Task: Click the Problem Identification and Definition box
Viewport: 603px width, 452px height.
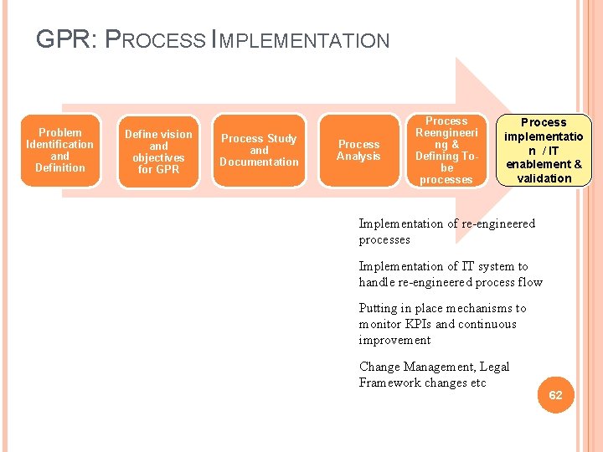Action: click(60, 150)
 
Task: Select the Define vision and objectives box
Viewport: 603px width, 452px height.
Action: click(158, 152)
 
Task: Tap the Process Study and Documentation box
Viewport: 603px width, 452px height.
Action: click(259, 151)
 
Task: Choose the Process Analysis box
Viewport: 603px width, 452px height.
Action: click(358, 151)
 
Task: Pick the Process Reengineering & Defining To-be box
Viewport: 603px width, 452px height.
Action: click(446, 151)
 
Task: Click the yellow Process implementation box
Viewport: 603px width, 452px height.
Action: click(544, 151)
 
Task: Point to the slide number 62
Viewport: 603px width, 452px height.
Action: click(555, 395)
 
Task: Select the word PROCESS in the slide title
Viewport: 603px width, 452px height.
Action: click(159, 40)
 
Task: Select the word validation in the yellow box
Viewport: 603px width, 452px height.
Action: click(544, 178)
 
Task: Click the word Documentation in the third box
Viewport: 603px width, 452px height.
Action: click(259, 162)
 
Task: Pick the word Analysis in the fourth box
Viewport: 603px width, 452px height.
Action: click(358, 157)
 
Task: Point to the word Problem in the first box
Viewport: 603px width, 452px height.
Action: click(60, 132)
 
